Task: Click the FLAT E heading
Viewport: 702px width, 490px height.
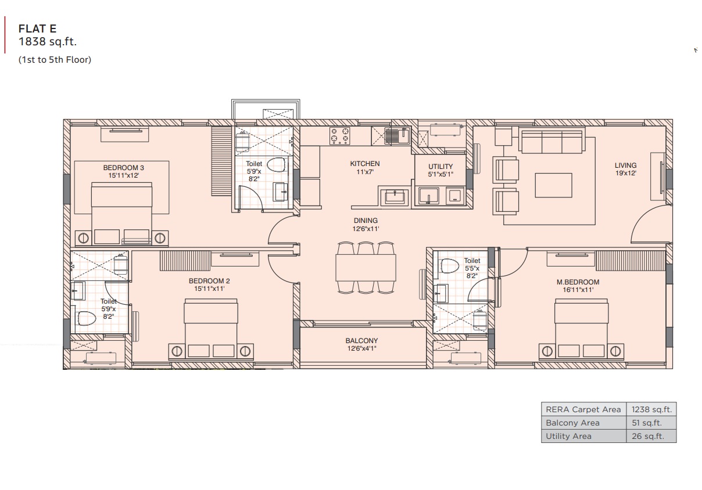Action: pos(37,29)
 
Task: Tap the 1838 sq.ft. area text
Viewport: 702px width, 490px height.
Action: pos(48,42)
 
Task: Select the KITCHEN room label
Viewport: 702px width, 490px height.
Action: pos(365,164)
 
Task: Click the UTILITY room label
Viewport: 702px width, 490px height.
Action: pos(440,167)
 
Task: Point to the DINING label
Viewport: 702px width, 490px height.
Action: pos(366,221)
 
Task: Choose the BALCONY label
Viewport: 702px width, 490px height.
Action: pos(361,341)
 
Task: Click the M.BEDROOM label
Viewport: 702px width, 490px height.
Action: pos(578,282)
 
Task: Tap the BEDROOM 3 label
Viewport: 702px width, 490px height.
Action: pos(123,168)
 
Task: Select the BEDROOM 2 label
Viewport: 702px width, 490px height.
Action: pos(209,281)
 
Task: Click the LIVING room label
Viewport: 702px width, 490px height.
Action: pos(625,165)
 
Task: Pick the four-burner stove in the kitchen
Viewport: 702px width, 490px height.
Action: pos(340,136)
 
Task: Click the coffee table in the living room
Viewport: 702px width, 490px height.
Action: pos(553,185)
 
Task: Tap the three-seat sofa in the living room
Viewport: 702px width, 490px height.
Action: pos(551,142)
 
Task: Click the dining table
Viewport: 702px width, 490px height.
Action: pos(366,268)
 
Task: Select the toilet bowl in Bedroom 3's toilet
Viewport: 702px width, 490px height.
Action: pos(276,165)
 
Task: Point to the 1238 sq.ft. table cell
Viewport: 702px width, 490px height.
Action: pos(651,409)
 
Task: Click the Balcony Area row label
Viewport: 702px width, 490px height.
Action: pos(572,423)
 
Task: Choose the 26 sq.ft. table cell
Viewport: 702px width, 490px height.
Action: pos(648,436)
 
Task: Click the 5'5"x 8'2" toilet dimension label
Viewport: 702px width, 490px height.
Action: pos(472,272)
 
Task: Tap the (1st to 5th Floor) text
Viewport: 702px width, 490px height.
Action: pos(55,60)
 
